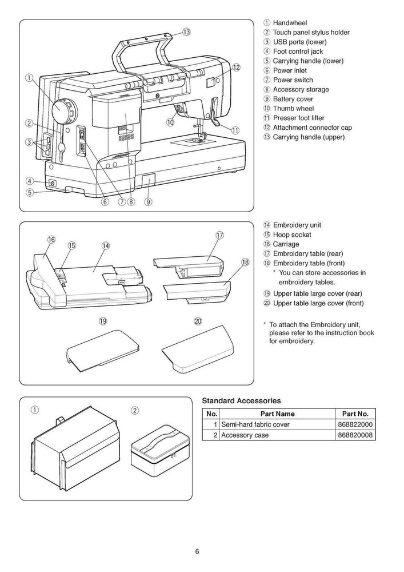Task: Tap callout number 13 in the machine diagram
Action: tap(186, 32)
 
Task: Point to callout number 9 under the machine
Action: tap(148, 201)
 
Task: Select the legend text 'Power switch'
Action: tap(293, 80)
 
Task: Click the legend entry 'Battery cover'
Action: tap(293, 99)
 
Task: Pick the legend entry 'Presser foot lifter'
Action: tap(301, 118)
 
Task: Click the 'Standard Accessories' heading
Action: tap(241, 401)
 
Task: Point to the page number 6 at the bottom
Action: tap(197, 551)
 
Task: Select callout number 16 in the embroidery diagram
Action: tap(51, 240)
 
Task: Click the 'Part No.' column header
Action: tap(357, 414)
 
